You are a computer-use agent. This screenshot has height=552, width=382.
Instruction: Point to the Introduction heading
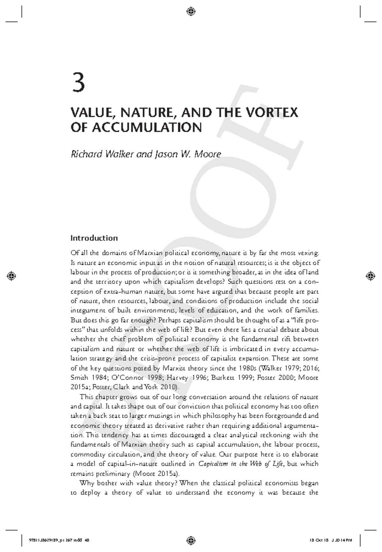(94, 238)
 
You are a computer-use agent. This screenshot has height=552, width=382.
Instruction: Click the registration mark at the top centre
(191, 12)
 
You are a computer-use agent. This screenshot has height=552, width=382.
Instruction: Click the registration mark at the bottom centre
(191, 540)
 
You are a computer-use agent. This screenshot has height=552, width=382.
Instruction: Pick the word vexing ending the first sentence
(308, 253)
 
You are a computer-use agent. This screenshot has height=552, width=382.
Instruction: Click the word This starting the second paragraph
(86, 397)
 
